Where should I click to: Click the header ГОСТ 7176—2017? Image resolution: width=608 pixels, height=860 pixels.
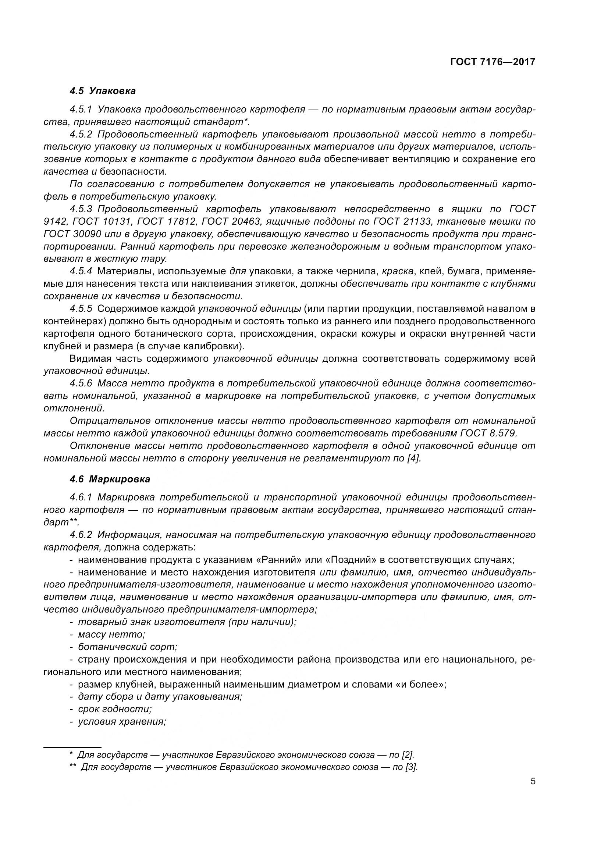pos(493,62)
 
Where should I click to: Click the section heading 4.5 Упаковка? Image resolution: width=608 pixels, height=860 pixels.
pos(103,91)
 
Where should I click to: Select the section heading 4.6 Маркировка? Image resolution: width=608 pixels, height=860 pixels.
pos(110,479)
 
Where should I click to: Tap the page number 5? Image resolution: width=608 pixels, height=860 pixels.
pos(533,782)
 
